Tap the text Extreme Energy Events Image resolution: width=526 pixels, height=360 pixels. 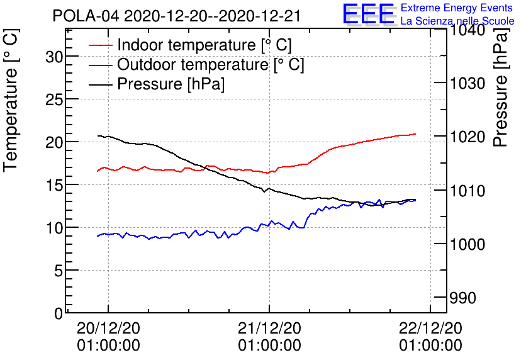pyautogui.click(x=457, y=8)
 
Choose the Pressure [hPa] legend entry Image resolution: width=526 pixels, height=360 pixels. pyautogui.click(x=171, y=84)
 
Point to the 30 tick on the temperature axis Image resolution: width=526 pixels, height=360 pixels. pyautogui.click(x=55, y=57)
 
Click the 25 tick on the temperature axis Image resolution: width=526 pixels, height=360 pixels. pyautogui.click(x=55, y=99)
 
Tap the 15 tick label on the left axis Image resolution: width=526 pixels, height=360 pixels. pyautogui.click(x=55, y=185)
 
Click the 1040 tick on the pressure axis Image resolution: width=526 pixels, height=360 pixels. pyautogui.click(x=466, y=30)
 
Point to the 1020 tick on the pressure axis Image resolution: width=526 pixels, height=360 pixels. pyautogui.click(x=466, y=137)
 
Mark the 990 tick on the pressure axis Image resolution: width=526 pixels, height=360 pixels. pyautogui.click(x=462, y=297)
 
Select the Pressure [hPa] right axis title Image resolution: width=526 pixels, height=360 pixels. pyautogui.click(x=501, y=101)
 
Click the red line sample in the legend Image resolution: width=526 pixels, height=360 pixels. pyautogui.click(x=101, y=45)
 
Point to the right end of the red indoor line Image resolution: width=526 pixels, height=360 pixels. pyautogui.click(x=415, y=133)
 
